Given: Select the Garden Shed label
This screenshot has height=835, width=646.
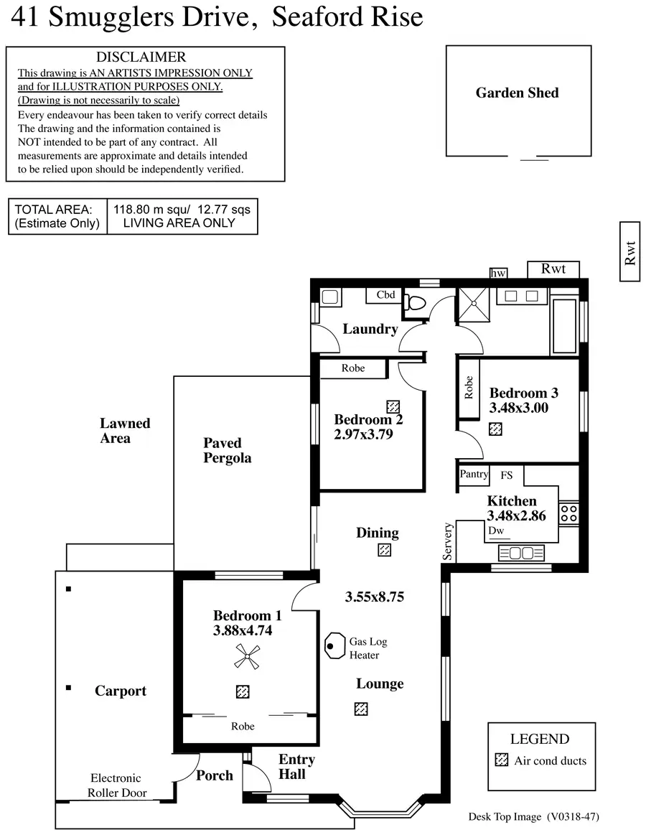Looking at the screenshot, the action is [x=517, y=93].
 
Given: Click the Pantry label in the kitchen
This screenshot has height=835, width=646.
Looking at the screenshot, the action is [x=473, y=474].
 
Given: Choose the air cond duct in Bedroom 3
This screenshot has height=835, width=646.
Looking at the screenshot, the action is [x=495, y=429].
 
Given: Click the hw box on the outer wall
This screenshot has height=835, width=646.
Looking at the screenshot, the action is [x=497, y=273].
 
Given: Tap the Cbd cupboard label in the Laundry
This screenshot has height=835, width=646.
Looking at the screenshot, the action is [x=385, y=295].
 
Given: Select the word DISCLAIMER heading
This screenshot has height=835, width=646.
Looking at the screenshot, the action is [x=141, y=57].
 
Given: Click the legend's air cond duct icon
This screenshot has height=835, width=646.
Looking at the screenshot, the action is [x=502, y=761].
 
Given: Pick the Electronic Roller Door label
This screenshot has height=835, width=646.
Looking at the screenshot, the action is [x=116, y=785].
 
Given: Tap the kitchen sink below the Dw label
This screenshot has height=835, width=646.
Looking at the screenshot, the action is [x=520, y=553].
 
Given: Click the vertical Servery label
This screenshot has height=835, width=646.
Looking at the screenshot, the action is [x=449, y=542].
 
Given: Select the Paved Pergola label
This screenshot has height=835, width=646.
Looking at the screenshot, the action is [x=227, y=450].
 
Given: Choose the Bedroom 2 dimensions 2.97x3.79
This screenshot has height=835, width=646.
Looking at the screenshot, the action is [x=363, y=434].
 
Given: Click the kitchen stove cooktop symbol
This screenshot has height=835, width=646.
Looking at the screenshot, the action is [x=569, y=513].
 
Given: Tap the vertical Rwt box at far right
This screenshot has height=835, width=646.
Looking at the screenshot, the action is [x=629, y=252].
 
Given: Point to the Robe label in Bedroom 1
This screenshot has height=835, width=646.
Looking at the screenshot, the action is [x=243, y=727].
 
